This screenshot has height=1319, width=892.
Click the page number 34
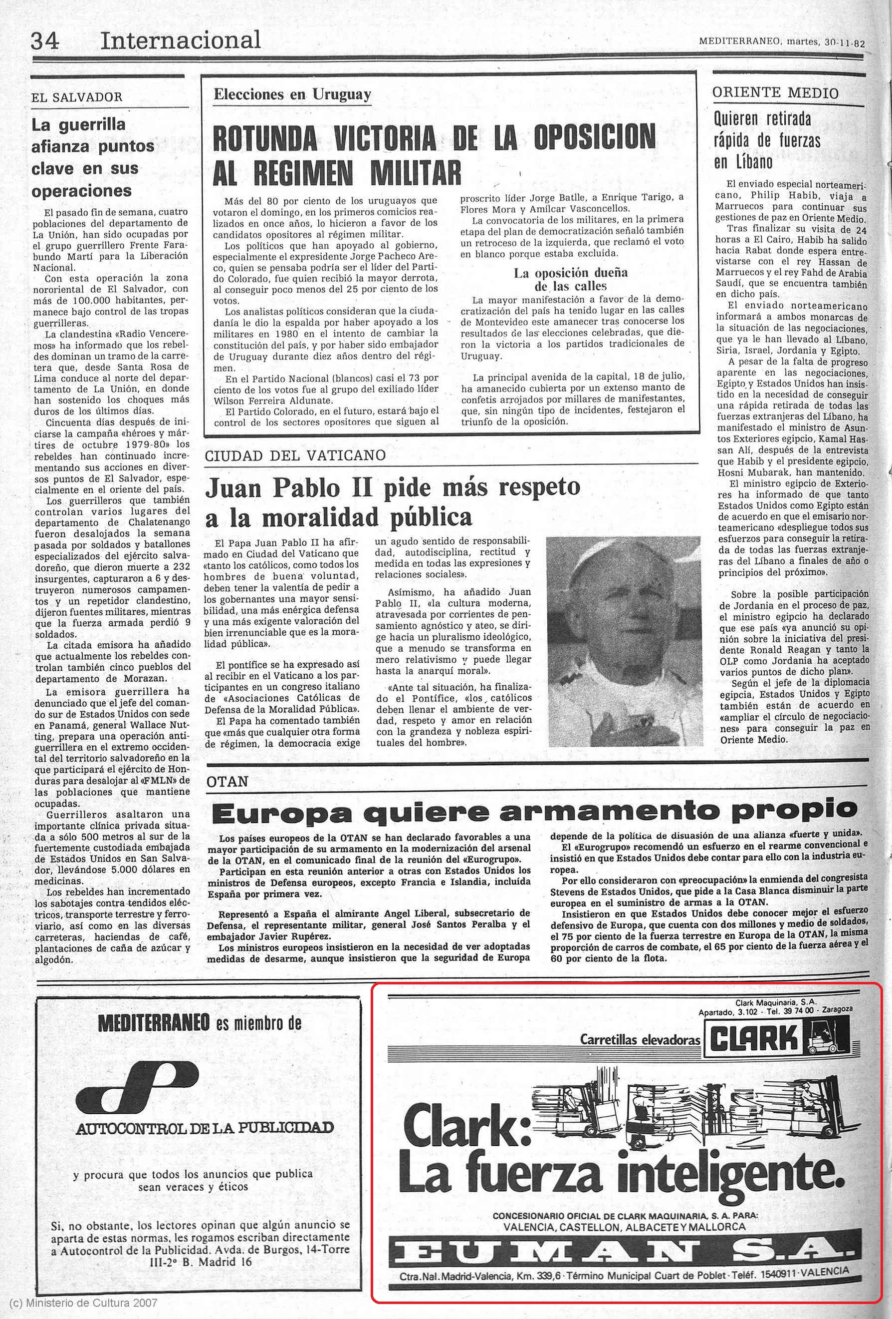(x=44, y=41)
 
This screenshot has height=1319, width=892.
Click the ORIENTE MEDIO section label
(x=775, y=93)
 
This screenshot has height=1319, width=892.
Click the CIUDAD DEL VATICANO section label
(x=295, y=455)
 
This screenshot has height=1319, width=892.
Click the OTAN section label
(x=227, y=782)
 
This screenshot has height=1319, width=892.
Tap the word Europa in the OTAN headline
(x=281, y=814)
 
